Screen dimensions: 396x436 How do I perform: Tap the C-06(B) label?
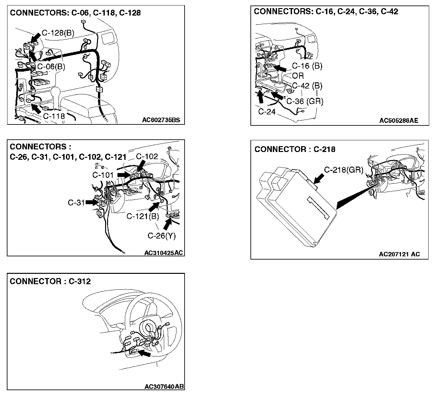(x=51, y=67)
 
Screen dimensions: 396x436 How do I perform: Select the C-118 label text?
(x=54, y=116)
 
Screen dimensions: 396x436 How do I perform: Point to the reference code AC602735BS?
(x=161, y=120)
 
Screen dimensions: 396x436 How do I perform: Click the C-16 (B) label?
(x=307, y=66)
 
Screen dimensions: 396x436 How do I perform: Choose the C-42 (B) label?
(x=307, y=86)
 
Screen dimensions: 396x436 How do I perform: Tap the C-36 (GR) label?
(x=305, y=101)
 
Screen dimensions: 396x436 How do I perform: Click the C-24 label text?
(x=267, y=112)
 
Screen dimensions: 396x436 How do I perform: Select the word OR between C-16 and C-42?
(x=298, y=76)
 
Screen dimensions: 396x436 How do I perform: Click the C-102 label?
(x=147, y=157)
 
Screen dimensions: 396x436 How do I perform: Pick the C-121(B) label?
(x=143, y=216)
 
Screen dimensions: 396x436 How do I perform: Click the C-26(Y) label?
(x=162, y=236)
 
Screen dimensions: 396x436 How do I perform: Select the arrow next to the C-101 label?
(x=124, y=175)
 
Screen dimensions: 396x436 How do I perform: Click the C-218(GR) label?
(x=344, y=169)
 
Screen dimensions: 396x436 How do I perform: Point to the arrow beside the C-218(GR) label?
(x=319, y=179)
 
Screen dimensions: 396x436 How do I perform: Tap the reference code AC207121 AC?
(x=399, y=254)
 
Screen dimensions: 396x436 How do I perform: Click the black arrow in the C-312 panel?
(x=144, y=354)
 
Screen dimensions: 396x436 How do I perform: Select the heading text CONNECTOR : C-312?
(x=50, y=281)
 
